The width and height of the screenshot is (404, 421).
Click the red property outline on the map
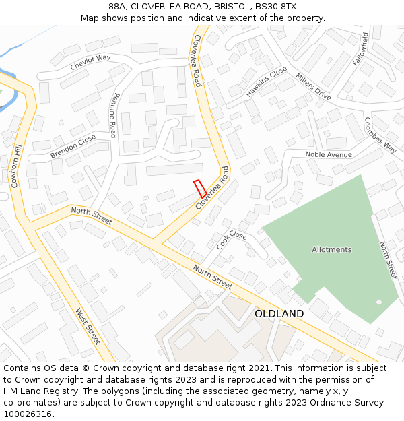[x=200, y=189]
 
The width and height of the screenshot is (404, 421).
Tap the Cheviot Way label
[x=90, y=63]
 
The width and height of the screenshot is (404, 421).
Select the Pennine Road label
[x=114, y=115]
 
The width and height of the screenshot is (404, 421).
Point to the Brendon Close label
[x=73, y=147]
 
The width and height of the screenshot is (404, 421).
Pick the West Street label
[x=88, y=326]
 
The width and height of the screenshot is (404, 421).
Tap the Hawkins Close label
[x=266, y=82]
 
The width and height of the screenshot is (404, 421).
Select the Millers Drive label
[x=313, y=86]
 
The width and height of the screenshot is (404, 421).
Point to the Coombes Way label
[x=380, y=135]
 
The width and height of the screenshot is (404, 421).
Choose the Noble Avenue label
[x=329, y=155]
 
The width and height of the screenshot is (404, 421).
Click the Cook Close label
[x=232, y=240]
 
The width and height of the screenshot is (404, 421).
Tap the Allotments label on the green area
[x=331, y=249]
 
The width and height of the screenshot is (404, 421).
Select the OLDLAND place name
[x=279, y=314]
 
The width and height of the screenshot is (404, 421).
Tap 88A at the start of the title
[x=117, y=6]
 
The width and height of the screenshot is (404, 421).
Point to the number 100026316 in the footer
[x=26, y=414]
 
